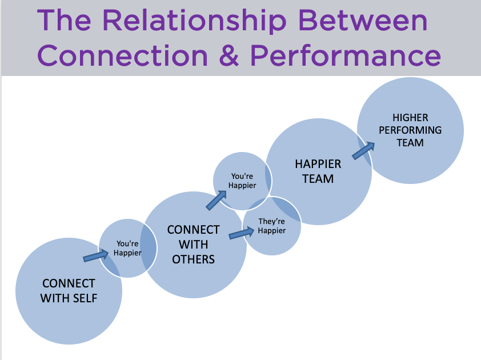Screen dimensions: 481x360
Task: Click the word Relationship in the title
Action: point(194,21)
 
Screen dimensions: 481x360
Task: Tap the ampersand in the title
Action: point(229,55)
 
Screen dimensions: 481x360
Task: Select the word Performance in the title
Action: point(346,55)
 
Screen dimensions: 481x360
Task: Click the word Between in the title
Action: point(363,21)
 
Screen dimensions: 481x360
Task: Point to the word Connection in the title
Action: point(122,55)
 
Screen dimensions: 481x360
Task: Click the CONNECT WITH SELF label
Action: point(69,291)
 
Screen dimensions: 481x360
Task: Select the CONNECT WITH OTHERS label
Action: point(193,245)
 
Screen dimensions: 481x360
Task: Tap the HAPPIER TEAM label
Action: point(318,171)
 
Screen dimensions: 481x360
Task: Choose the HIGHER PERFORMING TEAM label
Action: point(410,130)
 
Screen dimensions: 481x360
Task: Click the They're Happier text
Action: point(272,226)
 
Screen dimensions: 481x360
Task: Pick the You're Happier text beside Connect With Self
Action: point(127,248)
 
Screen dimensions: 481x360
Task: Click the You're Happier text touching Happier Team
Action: point(242,181)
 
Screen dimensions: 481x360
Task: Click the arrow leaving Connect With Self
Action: point(96,255)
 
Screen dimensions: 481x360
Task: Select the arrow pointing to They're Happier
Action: point(242,233)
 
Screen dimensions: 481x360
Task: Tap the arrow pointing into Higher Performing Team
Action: point(363,150)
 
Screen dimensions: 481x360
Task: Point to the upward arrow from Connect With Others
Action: point(217,201)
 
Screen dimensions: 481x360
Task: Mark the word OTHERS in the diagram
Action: point(193,259)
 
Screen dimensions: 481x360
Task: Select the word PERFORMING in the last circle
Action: point(410,130)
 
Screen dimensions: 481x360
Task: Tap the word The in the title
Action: point(64,21)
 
